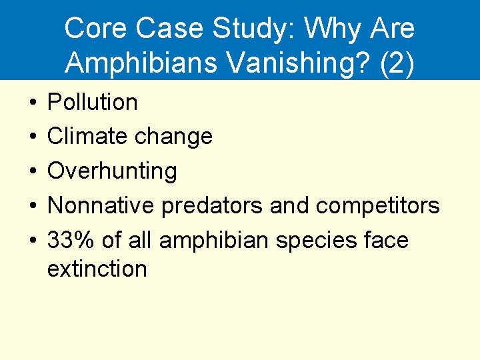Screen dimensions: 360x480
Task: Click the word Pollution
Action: pyautogui.click(x=93, y=103)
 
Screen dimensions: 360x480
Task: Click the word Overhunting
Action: pyautogui.click(x=112, y=171)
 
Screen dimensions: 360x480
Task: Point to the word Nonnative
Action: pyautogui.click(x=101, y=206)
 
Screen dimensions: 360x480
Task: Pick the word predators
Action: pyautogui.click(x=213, y=207)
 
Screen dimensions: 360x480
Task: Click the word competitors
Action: pyautogui.click(x=377, y=207)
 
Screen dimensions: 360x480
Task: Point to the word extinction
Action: pyautogui.click(x=97, y=269)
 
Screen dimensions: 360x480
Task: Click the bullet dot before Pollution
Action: pyautogui.click(x=33, y=103)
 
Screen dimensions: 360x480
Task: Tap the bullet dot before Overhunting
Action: pyautogui.click(x=33, y=172)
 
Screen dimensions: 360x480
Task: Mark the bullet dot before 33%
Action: pyautogui.click(x=33, y=241)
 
